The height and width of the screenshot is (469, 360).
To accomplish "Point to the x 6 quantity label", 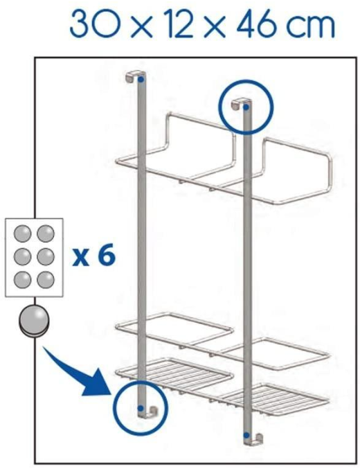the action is pos(93,256).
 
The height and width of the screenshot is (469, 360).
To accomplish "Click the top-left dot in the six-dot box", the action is pos(22,233).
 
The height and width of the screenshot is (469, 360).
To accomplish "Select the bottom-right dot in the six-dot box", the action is pos(46,280).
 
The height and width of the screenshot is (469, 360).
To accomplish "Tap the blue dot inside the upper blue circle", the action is pos(246,107).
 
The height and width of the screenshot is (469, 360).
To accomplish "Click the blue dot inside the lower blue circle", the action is pos(141,408).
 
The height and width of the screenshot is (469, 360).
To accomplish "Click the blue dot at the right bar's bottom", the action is pos(246,435).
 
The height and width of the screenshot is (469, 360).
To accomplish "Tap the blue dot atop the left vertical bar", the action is pos(141,80).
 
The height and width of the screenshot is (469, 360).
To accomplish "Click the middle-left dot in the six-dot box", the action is pos(22,256).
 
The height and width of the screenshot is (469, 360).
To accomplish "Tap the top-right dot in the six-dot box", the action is pos(46,233).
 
